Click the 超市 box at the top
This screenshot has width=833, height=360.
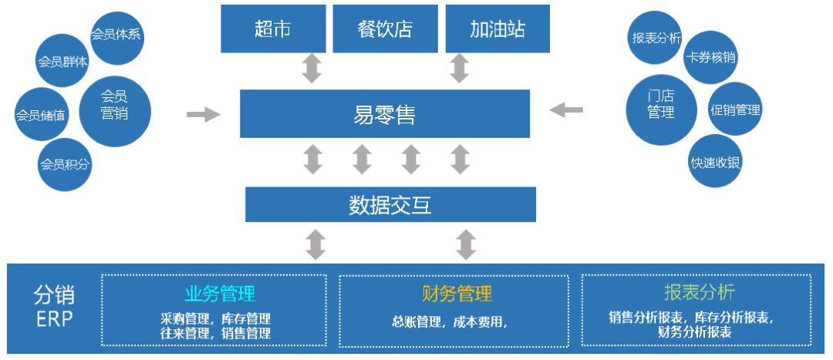pos(272,30)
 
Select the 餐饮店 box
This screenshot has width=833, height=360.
pos(385,30)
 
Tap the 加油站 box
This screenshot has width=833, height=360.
pos(497,30)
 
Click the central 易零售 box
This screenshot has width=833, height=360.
pos(384,114)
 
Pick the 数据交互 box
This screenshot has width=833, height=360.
pos(390,204)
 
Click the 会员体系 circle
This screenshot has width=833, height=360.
pos(116,35)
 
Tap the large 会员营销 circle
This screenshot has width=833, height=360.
pos(114,105)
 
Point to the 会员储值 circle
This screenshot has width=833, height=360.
pos(41,116)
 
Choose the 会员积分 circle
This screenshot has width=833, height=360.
pos(66,163)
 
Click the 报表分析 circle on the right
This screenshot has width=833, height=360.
pos(656,36)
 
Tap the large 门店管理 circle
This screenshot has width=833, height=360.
pos(661,106)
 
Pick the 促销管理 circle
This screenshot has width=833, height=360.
pos(735,109)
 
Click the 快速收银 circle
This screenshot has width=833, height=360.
pos(716,162)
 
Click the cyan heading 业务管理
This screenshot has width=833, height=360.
pos(220,293)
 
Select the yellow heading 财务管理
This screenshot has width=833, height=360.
pos(457,293)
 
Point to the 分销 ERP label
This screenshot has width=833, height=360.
pos(53,306)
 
